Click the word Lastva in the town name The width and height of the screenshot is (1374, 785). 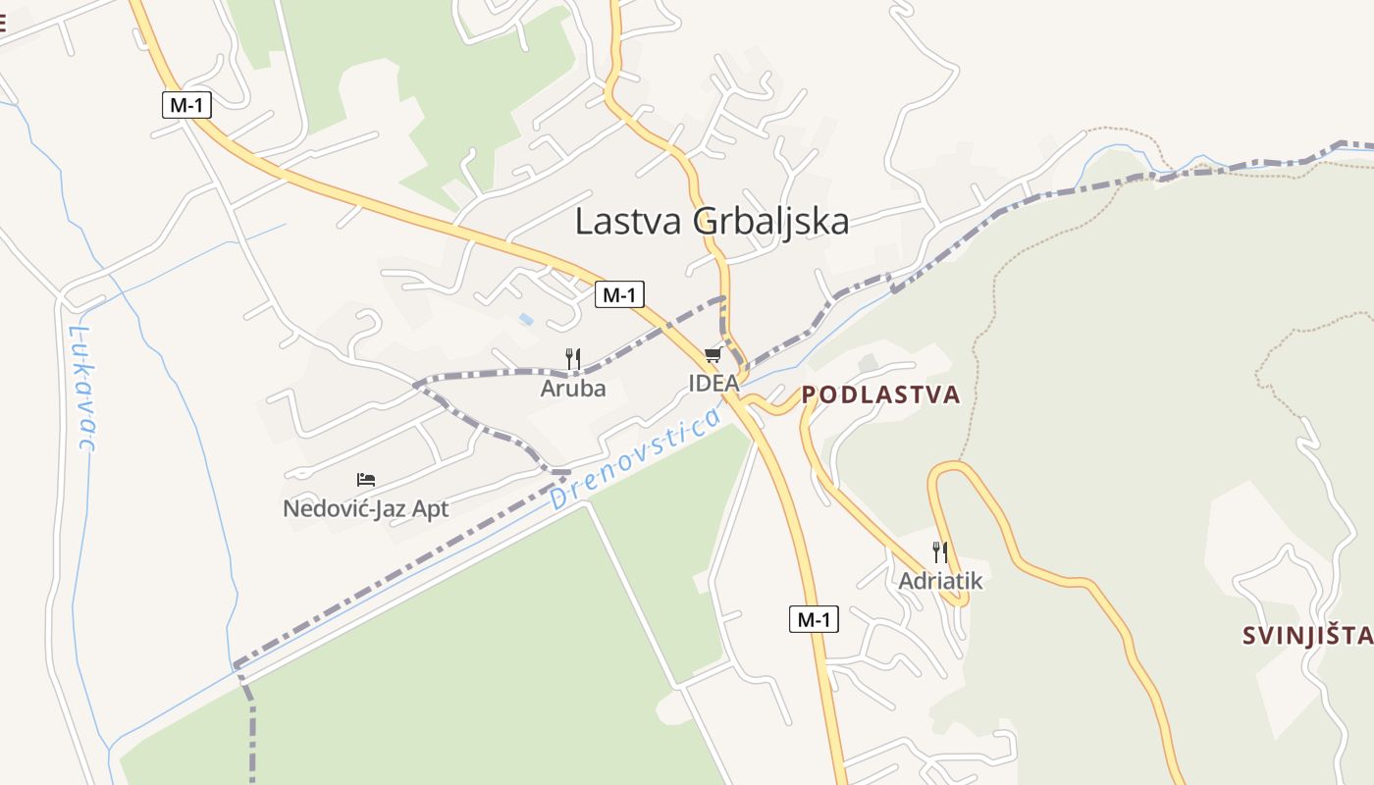point(630,222)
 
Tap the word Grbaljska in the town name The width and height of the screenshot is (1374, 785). point(771,222)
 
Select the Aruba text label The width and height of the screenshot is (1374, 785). point(573,389)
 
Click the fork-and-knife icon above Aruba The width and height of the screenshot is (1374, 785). point(573,359)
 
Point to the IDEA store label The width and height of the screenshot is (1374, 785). point(713,384)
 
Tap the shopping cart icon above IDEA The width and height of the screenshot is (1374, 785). point(713,355)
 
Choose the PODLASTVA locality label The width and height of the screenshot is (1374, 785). point(880,395)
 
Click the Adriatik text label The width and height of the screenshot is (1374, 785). point(940,581)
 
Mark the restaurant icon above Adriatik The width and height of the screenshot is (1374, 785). point(940,551)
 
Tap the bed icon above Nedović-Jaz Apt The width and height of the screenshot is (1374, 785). point(366,480)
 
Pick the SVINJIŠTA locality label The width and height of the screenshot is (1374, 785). point(1307,636)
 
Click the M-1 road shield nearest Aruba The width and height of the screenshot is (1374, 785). point(619,293)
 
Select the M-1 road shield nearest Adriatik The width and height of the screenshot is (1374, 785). point(814,619)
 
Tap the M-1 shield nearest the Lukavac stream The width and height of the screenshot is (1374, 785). point(186,104)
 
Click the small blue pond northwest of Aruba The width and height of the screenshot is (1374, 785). point(527,319)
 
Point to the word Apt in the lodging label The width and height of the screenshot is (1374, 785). point(431,509)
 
